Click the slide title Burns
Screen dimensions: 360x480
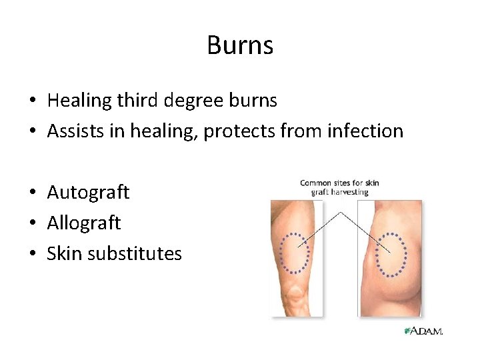240,45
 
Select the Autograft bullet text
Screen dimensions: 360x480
88,193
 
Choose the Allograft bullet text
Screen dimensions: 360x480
83,223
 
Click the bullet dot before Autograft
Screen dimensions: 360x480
33,193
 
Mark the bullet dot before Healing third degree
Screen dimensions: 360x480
33,101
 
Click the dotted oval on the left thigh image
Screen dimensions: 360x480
295,253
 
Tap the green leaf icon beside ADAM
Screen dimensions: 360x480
407,331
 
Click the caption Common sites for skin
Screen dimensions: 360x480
339,183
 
